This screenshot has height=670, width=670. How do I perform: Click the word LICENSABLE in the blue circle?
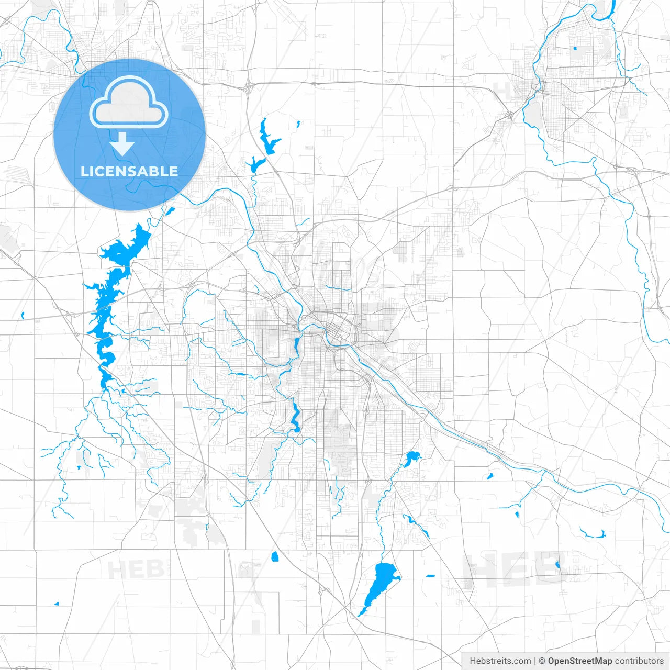pyautogui.click(x=129, y=171)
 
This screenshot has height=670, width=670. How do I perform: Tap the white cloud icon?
pyautogui.click(x=129, y=102)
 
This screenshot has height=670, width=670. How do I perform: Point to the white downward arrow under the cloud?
pyautogui.click(x=122, y=143)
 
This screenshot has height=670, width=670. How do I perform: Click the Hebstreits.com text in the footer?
pyautogui.click(x=500, y=661)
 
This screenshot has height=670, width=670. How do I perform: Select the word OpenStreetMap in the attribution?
pyautogui.click(x=579, y=661)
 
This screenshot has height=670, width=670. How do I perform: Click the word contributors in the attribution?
pyautogui.click(x=639, y=661)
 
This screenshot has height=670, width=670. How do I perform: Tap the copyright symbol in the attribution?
pyautogui.click(x=542, y=661)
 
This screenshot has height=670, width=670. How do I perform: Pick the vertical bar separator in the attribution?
pyautogui.click(x=535, y=661)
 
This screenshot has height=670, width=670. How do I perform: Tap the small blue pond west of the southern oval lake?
pyautogui.click(x=275, y=556)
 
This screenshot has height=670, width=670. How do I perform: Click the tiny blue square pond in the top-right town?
pyautogui.click(x=575, y=49)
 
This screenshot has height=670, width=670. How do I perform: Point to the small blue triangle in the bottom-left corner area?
pyautogui.click(x=57, y=604)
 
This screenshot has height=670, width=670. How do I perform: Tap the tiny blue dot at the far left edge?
pyautogui.click(x=23, y=315)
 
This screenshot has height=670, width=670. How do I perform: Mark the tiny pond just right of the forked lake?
pyautogui.click(x=298, y=124)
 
